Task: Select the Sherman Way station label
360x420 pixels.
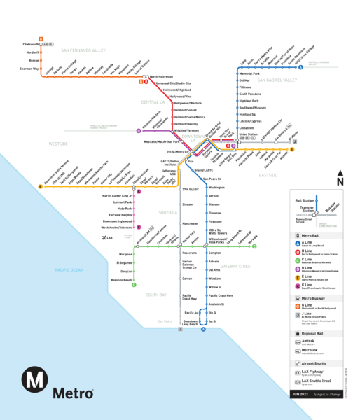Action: coord(29,69)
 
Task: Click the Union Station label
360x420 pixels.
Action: coord(248,134)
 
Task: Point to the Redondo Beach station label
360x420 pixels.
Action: coord(120,278)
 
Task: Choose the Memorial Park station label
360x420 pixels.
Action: coord(249,73)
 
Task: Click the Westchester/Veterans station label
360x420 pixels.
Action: coord(116,227)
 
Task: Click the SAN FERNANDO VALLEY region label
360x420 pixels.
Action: coord(83,51)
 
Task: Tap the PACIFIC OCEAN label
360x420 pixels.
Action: coord(50,269)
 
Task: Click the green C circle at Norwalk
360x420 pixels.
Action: coord(255,246)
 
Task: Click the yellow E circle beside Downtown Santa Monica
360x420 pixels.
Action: coord(41,187)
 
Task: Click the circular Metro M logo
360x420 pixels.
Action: coord(34,384)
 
